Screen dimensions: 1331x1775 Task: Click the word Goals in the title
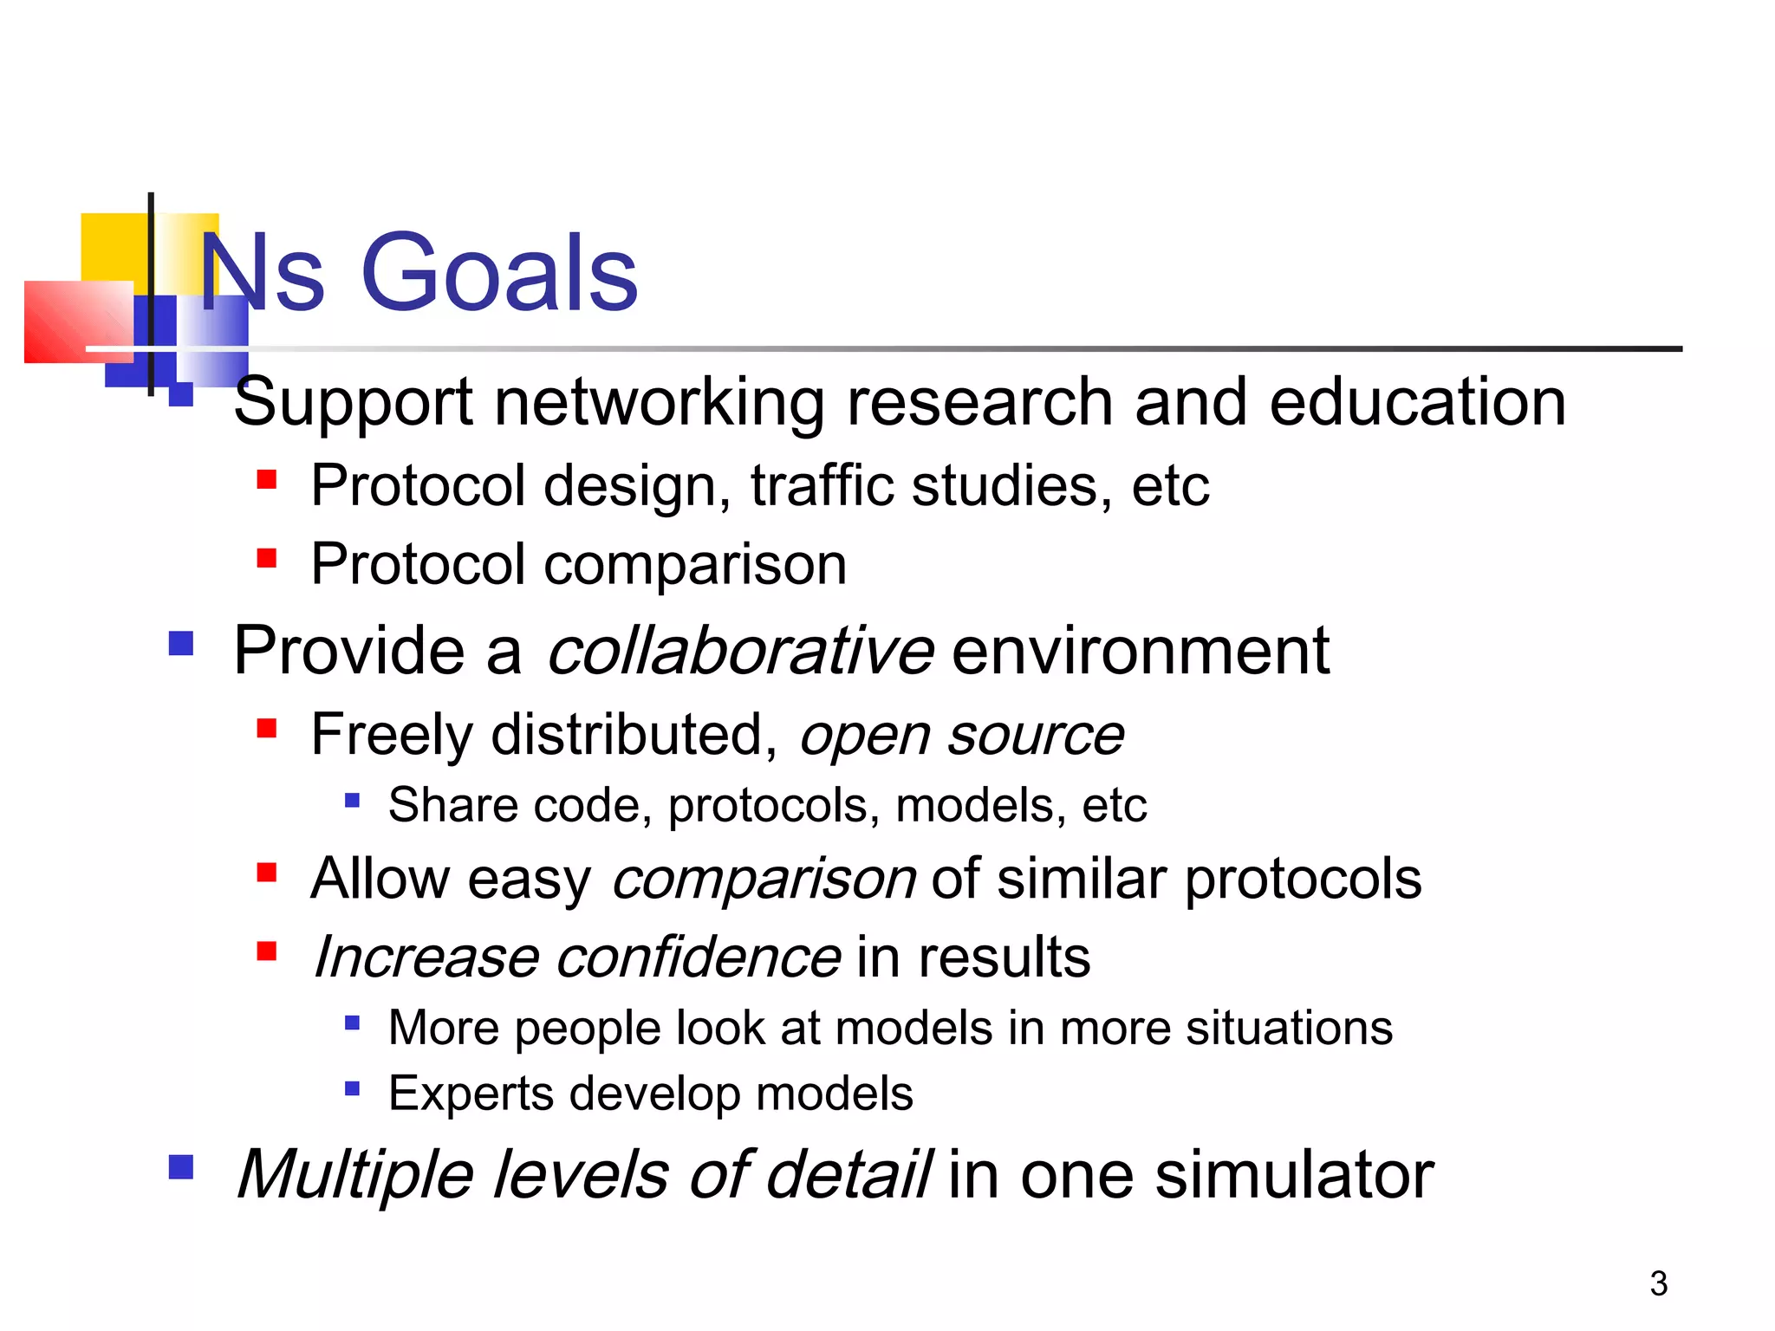pos(499,274)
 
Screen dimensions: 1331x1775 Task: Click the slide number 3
pos(1658,1283)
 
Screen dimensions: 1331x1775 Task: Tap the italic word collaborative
pos(740,652)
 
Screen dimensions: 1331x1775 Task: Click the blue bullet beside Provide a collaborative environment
pos(181,644)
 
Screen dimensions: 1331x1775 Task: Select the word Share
pos(452,805)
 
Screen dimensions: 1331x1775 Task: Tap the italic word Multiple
pos(355,1176)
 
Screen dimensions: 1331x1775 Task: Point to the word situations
pos(1289,1029)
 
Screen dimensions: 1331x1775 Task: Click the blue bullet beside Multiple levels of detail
pos(181,1167)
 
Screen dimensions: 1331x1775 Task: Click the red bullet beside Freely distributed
pos(267,728)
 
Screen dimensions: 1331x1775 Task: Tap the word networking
pos(659,403)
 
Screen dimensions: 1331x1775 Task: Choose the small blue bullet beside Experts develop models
pos(352,1088)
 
